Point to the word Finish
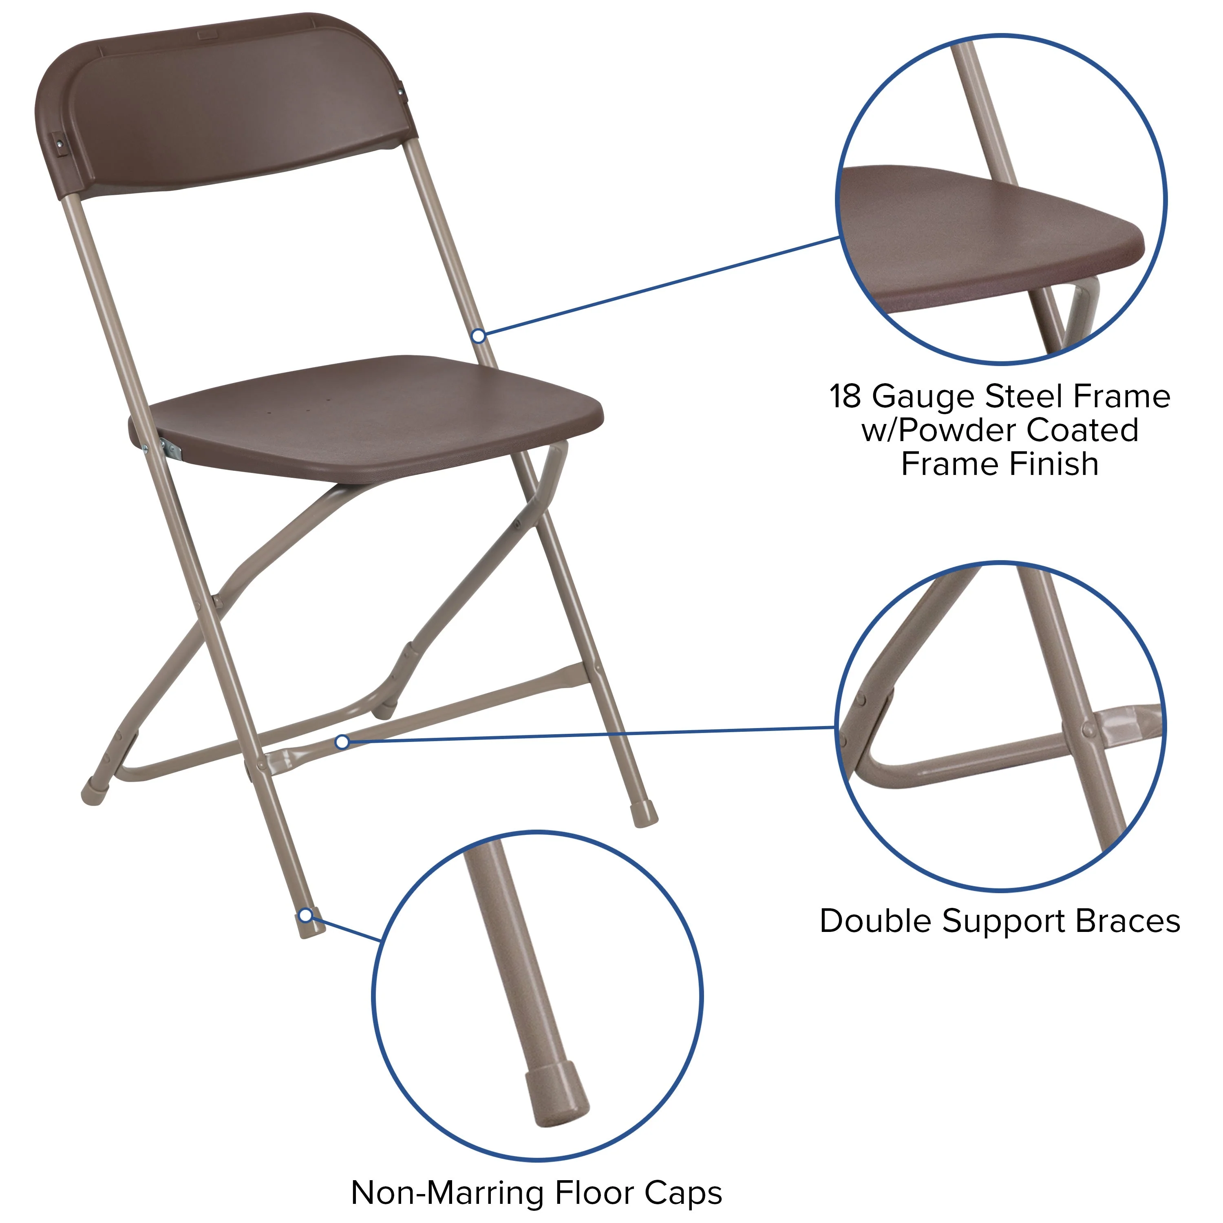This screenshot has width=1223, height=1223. [1053, 464]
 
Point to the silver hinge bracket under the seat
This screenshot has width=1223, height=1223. [171, 449]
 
